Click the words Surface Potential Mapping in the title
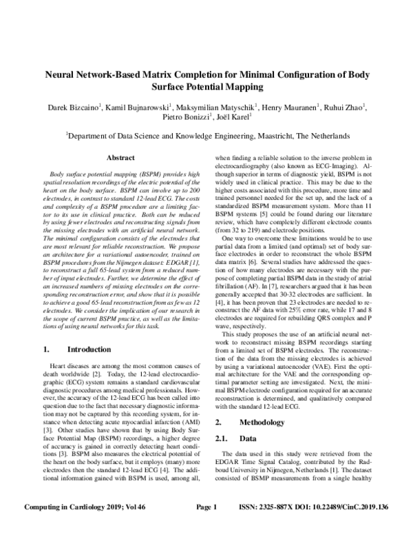point(206,87)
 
